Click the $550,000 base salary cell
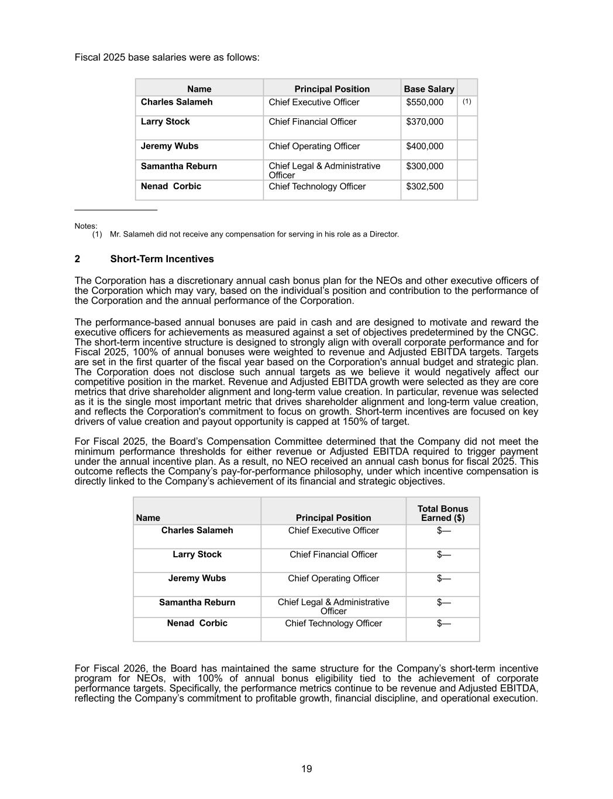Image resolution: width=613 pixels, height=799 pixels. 425,102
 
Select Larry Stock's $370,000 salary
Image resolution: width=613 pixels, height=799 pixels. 425,122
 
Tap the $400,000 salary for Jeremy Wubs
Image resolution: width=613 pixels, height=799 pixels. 425,146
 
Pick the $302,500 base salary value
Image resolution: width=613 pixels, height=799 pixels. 425,187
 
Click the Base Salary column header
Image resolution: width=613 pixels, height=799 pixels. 429,89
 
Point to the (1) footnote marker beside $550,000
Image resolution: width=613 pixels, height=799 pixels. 467,101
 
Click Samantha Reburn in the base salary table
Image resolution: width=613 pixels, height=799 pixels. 178,166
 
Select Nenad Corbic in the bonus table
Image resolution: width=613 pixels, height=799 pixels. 197,623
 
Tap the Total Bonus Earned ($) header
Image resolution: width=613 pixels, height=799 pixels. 443,513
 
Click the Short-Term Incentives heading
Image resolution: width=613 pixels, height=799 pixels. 162,259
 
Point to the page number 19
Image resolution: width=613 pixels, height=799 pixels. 306,769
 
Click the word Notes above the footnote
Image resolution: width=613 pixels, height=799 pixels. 86,226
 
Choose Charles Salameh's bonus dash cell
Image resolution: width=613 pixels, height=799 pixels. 443,531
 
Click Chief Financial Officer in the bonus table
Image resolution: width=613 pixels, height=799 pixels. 333,555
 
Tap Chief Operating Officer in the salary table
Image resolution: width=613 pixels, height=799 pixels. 314,146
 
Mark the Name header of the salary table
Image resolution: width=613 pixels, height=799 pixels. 199,89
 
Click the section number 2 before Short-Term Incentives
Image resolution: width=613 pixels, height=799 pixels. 77,259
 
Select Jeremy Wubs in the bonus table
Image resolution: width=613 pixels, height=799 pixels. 197,578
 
